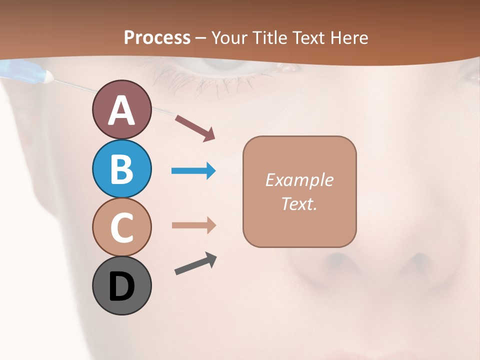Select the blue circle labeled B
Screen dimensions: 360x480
pyautogui.click(x=121, y=168)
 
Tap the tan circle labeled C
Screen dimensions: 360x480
pyautogui.click(x=121, y=226)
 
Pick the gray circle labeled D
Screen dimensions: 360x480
pyautogui.click(x=121, y=285)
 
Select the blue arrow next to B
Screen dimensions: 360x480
pyautogui.click(x=193, y=171)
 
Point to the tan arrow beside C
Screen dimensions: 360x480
pyautogui.click(x=193, y=225)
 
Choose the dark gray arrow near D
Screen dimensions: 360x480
pyautogui.click(x=195, y=263)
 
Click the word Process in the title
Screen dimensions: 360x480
pyautogui.click(x=157, y=37)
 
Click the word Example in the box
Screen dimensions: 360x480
pyautogui.click(x=299, y=180)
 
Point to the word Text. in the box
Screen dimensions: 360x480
pyautogui.click(x=299, y=203)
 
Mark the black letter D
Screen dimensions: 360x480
pyautogui.click(x=121, y=287)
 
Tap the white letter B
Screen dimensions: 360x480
pyautogui.click(x=121, y=169)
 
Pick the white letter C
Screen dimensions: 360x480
pyautogui.click(x=121, y=227)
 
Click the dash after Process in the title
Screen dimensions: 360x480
pyautogui.click(x=201, y=38)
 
